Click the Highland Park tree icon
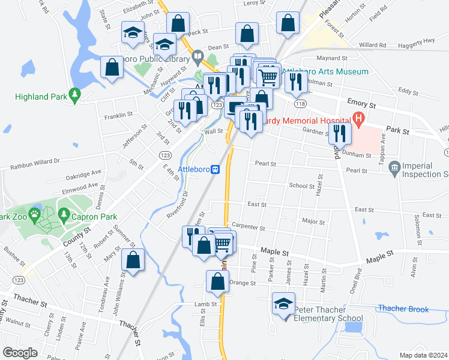(74, 95)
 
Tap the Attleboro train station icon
(215, 169)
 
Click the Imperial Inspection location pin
(394, 167)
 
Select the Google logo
(20, 352)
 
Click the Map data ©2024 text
(423, 355)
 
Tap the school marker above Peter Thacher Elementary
(283, 303)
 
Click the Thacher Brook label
(403, 310)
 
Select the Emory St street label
(361, 104)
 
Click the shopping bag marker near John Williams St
(133, 260)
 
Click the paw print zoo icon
(35, 213)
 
